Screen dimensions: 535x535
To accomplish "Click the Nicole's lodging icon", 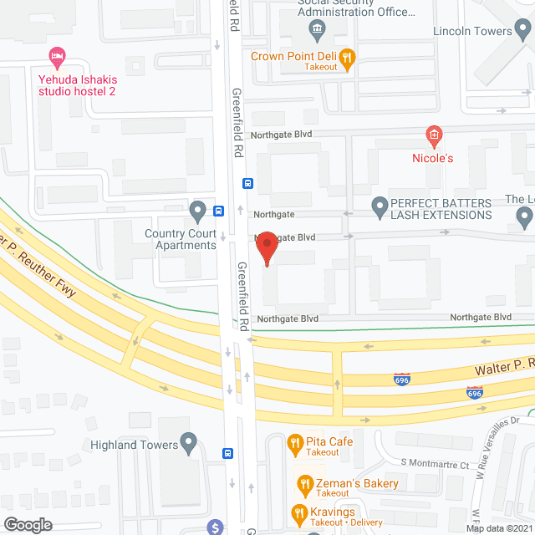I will pos(433,135).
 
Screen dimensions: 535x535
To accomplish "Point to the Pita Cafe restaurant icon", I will pos(293,441).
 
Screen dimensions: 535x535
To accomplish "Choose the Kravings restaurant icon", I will pos(298,512).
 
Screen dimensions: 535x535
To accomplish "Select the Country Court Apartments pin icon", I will pos(197,209).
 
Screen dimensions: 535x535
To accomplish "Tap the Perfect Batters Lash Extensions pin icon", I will pos(379,204).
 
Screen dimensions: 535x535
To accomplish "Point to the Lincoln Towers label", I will pos(472,32).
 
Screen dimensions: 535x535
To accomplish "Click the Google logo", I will pos(26,525).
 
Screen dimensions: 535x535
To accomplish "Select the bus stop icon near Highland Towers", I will pos(227,454).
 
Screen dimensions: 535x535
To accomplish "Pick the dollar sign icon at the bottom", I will pos(216,527).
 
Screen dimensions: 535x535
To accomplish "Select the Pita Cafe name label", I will pos(329,441).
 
